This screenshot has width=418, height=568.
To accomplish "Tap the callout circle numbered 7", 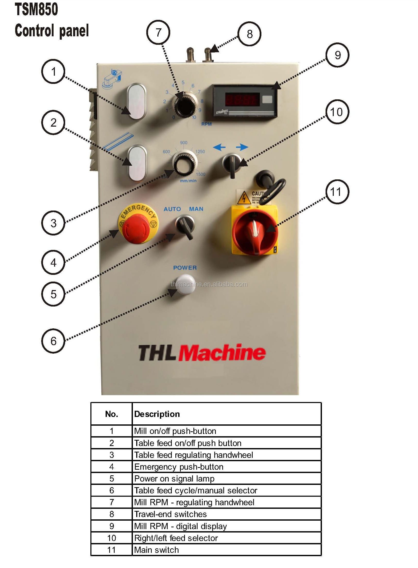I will point(158,32).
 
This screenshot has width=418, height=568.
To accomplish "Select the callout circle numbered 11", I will point(337,192).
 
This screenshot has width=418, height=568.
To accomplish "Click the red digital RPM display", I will point(242,99).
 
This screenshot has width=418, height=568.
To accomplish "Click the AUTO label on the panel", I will point(172,209).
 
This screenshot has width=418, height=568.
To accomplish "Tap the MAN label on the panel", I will point(196,209).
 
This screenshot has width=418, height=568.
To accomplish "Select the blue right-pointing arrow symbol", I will point(242,147).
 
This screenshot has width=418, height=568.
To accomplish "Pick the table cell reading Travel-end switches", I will point(170,514).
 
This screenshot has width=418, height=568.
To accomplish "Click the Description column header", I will point(157,414).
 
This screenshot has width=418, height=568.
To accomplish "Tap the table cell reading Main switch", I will point(156,550).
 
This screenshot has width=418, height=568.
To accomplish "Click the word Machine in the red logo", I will point(222,352).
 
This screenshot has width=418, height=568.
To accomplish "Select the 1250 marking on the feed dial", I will point(200,152).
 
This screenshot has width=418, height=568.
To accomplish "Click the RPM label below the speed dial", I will point(206,124).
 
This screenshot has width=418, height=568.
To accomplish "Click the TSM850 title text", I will point(36,9).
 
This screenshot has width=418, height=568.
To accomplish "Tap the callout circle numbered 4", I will point(53,262).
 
